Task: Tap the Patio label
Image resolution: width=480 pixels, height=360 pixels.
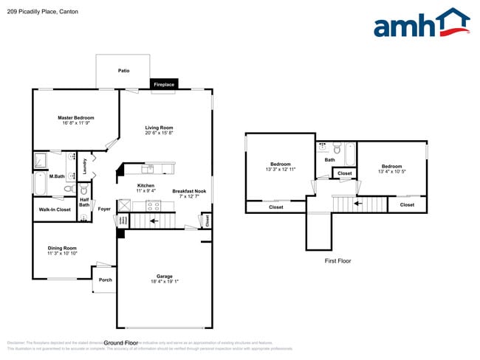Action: tap(124, 71)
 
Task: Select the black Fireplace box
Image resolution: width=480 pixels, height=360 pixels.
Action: tap(163, 85)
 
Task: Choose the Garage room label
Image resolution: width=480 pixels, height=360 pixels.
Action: tap(164, 278)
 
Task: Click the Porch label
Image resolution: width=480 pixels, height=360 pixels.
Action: tap(105, 280)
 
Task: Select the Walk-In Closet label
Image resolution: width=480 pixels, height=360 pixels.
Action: tap(55, 210)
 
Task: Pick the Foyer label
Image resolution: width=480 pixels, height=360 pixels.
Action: tap(104, 209)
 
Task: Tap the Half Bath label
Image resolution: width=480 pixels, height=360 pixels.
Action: tap(84, 202)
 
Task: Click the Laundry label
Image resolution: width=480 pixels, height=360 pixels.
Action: tap(86, 166)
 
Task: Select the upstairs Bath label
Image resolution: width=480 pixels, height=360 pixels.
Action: tap(329, 159)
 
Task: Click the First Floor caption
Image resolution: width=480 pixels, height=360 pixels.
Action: tap(337, 261)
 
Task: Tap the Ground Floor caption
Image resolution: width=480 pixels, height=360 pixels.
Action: tap(121, 343)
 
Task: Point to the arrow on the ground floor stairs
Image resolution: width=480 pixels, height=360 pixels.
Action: tap(154, 220)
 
